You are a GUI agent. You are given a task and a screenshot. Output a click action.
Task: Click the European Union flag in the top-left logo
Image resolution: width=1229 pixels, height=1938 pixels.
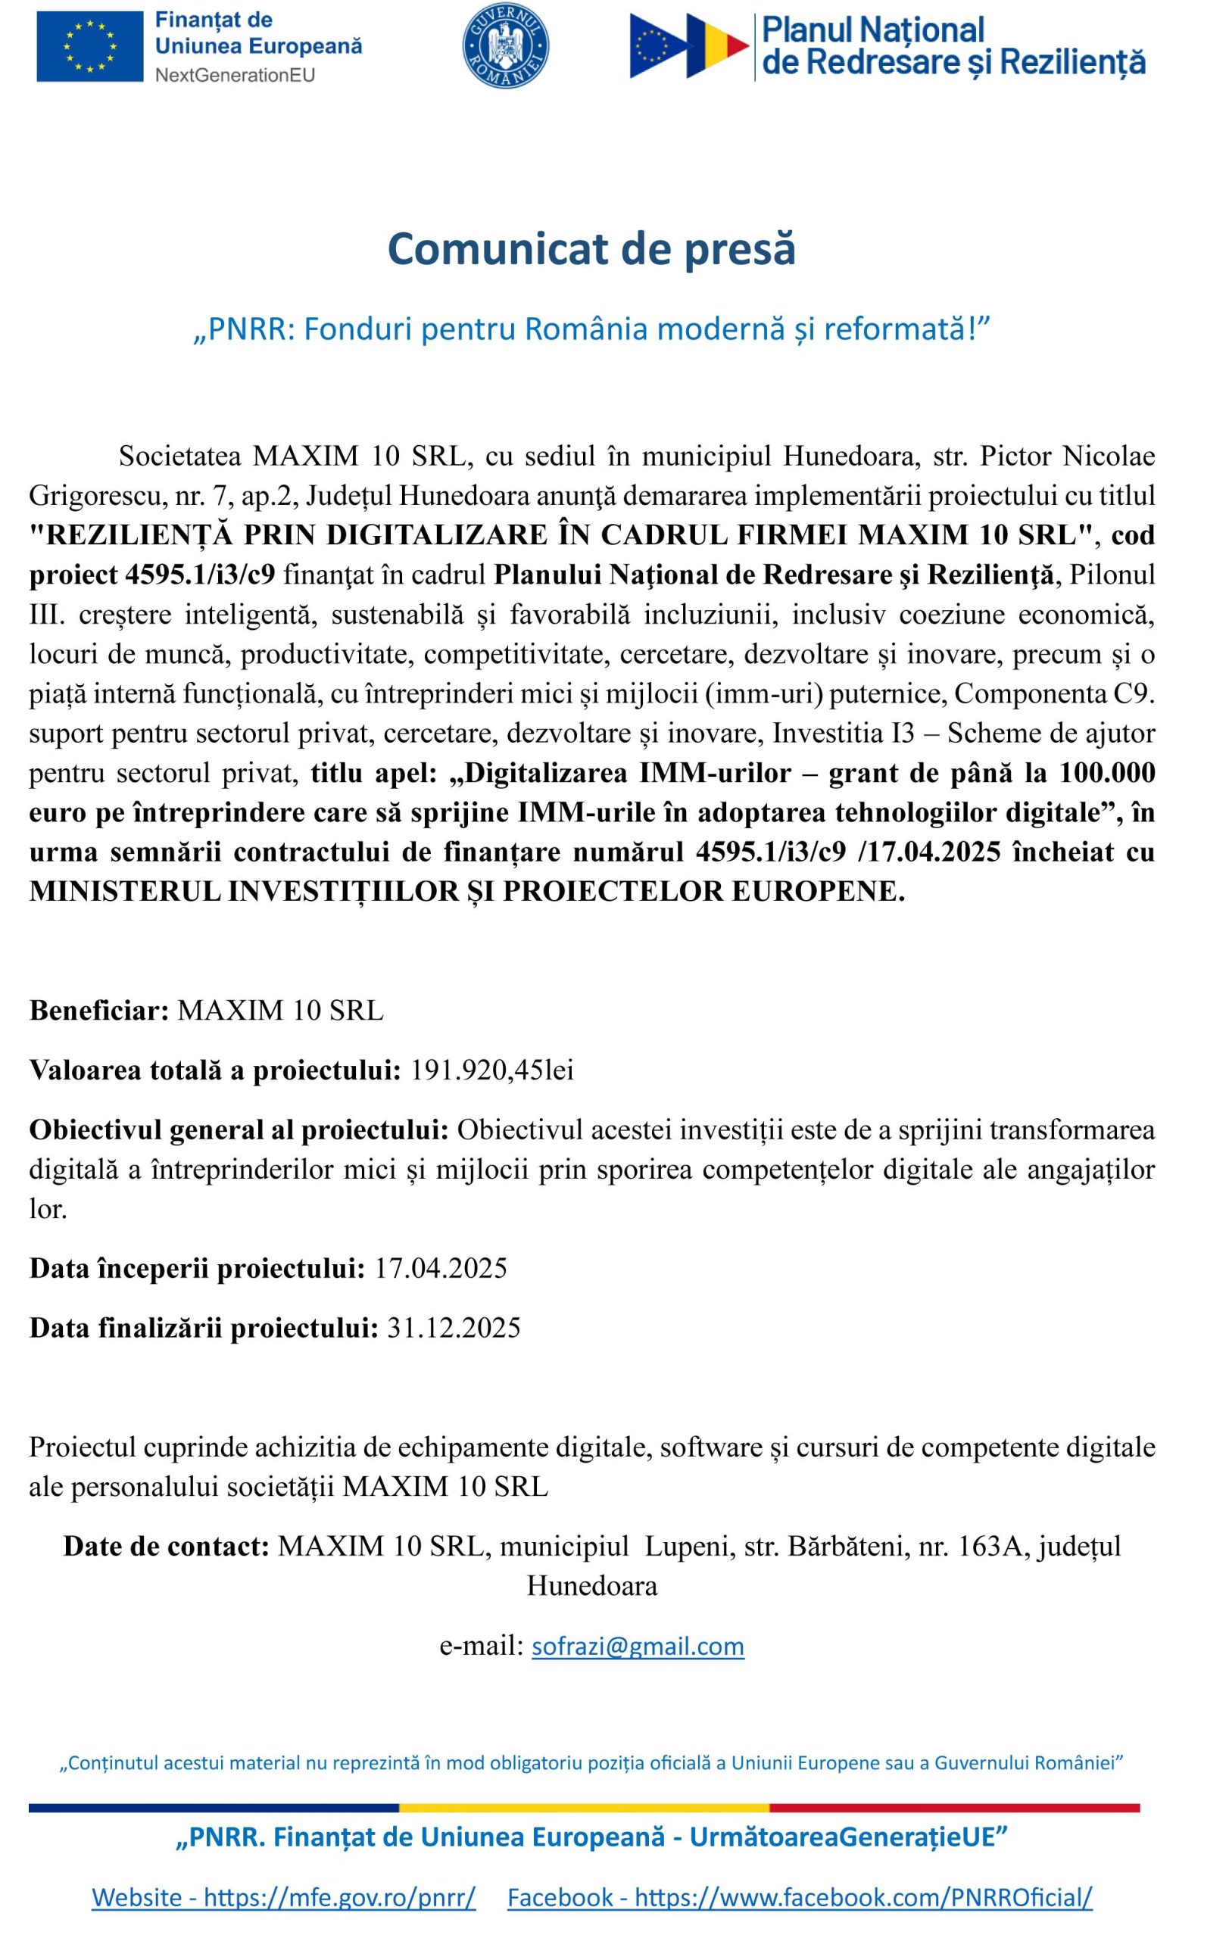89,46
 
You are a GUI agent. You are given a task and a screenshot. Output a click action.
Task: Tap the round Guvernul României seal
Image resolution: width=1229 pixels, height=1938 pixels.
504,47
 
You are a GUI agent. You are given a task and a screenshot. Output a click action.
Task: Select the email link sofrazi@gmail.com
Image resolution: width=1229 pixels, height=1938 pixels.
638,1646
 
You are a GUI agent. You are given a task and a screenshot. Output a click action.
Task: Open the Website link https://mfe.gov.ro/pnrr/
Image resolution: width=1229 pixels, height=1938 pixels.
283,1897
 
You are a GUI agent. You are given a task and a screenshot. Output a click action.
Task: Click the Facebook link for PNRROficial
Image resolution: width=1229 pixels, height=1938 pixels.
800,1897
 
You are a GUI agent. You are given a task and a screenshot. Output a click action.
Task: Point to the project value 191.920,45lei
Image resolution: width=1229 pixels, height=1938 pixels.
491,1070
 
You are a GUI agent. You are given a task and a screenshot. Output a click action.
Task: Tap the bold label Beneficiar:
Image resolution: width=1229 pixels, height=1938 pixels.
99,1010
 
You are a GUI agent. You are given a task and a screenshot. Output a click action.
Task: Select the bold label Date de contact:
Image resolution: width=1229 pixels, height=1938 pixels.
166,1546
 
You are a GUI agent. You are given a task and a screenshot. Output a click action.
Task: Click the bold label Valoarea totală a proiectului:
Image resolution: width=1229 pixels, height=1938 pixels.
215,1070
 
